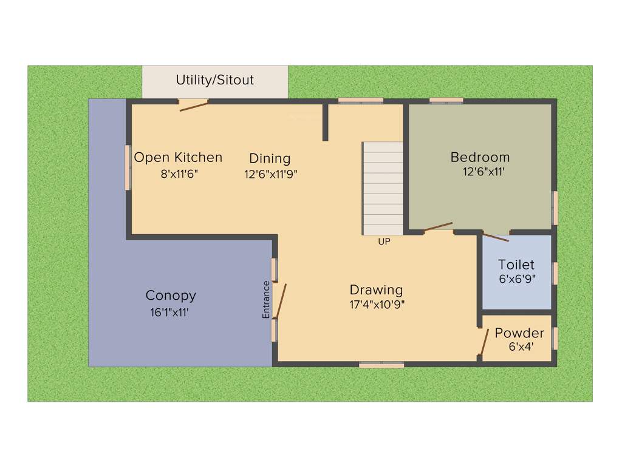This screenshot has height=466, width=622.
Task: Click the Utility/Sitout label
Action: [x=214, y=80]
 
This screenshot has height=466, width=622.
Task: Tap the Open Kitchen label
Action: [x=178, y=158]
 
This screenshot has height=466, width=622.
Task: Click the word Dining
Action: [x=270, y=158]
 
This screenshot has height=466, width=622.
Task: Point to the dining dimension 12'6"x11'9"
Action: [x=270, y=174]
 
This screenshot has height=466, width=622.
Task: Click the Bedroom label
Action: [x=480, y=157]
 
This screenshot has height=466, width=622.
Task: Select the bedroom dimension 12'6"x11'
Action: [x=484, y=172]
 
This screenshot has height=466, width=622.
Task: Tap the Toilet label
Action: [x=516, y=265]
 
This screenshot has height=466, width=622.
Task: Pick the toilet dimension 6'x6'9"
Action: [x=517, y=279]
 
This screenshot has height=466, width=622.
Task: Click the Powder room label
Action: [x=519, y=333]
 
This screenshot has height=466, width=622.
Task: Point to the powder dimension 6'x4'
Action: [x=521, y=347]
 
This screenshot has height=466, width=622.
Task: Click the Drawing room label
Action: [x=376, y=289]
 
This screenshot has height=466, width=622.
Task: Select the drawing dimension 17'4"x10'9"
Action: [x=377, y=305]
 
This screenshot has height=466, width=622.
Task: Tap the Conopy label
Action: [x=171, y=295]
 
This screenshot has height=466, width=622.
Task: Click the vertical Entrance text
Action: [x=266, y=300]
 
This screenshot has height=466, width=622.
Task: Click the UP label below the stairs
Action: [x=384, y=241]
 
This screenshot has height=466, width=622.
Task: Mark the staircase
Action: [x=383, y=188]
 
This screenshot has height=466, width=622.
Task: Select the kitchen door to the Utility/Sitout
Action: [x=194, y=106]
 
